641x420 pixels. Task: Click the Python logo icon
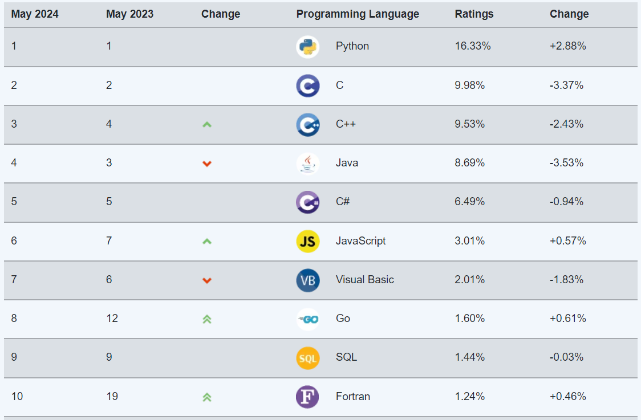tap(307, 47)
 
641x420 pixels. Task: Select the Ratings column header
tap(474, 14)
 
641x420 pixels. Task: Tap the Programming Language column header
tap(358, 14)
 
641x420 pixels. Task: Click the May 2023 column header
tap(129, 14)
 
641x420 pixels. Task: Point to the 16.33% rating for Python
tap(473, 46)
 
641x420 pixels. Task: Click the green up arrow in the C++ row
tap(207, 124)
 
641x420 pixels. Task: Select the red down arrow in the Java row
tap(207, 164)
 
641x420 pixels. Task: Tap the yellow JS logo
tap(307, 241)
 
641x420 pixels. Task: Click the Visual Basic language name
tap(364, 279)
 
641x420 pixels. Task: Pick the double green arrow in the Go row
tap(207, 319)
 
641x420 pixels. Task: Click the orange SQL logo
tap(307, 358)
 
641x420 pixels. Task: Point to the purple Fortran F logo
tap(307, 397)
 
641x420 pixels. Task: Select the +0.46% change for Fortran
tap(568, 396)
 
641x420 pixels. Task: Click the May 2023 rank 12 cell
tap(112, 318)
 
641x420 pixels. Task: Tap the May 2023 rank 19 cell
tap(112, 396)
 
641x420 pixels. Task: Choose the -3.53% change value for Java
tap(566, 162)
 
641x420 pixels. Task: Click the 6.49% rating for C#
tap(470, 201)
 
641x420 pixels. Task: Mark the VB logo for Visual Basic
tap(307, 280)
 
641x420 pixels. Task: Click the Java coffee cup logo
tap(307, 164)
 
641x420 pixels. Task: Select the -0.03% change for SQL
tap(566, 357)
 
